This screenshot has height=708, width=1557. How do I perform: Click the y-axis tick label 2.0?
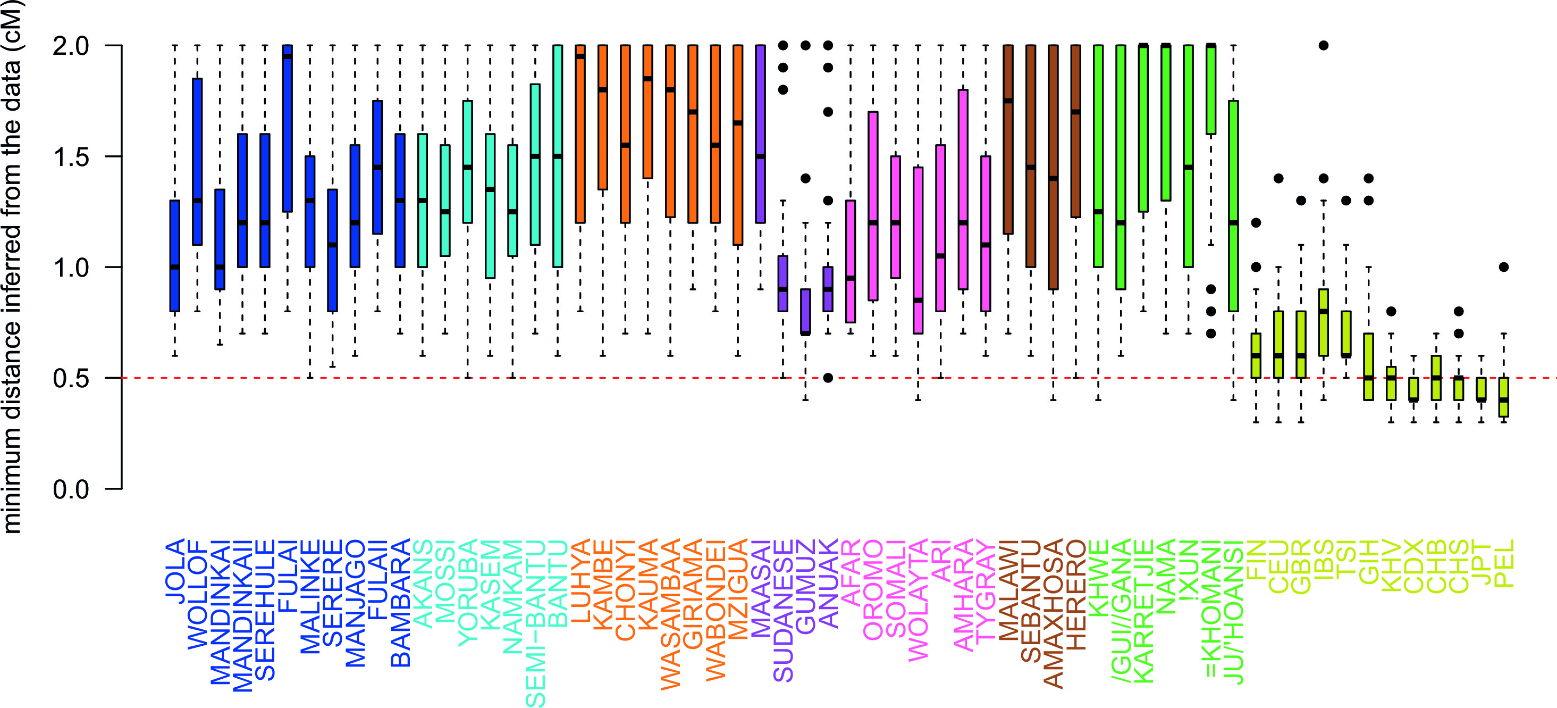pos(71,46)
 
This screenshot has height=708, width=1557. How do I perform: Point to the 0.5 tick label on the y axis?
pos(71,379)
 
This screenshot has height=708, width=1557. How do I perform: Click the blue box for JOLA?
pos(175,256)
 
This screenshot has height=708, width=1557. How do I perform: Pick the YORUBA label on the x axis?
pos(467,593)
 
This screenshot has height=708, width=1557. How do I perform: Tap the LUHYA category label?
pos(580,581)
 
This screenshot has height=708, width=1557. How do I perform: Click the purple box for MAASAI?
pos(760,134)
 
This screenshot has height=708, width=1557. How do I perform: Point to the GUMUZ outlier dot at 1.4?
pos(806,178)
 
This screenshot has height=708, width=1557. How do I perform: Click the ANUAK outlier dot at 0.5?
pos(828,378)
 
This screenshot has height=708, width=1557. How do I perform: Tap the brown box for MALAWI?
pos(1007,139)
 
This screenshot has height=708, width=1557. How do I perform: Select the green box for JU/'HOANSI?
pos(1233,205)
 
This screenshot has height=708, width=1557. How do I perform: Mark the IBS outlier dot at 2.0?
pos(1323,45)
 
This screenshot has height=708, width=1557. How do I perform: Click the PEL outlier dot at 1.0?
pos(1504,267)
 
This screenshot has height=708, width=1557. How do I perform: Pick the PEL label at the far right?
pos(1504,563)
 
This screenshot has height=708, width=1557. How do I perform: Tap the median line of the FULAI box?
pos(288,57)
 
